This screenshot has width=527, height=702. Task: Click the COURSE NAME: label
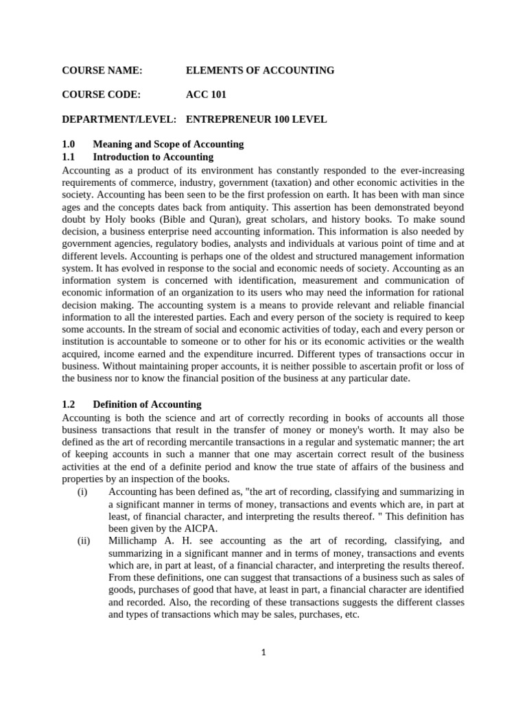102,71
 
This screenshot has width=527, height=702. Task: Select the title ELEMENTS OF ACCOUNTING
260,71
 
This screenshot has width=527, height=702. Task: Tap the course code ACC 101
206,95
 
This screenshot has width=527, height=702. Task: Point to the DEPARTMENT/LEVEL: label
119,119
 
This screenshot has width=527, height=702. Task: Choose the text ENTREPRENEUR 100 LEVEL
256,119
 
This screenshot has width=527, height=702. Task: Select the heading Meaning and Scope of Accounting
168,144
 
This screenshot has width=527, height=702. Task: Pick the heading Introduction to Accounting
153,157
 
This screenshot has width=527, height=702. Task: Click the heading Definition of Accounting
147,404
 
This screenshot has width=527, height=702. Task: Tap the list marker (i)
82,492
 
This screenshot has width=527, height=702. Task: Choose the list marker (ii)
83,541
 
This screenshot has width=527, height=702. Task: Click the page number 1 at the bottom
263,652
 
